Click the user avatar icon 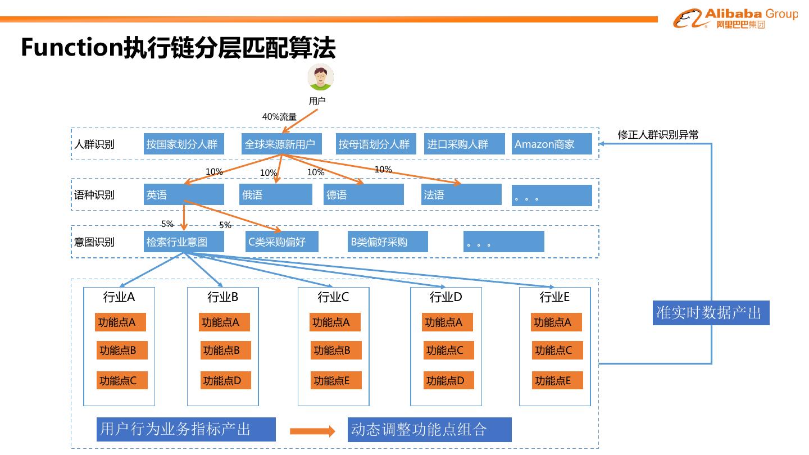pyautogui.click(x=321, y=78)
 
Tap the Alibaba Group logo pyautogui.click(x=735, y=19)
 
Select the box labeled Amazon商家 pyautogui.click(x=551, y=144)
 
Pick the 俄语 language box pyautogui.click(x=275, y=194)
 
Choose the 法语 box pyautogui.click(x=461, y=194)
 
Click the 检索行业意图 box pyautogui.click(x=184, y=242)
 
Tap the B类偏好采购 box pyautogui.click(x=388, y=242)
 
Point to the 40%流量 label pyautogui.click(x=279, y=117)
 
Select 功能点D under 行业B pyautogui.click(x=222, y=380)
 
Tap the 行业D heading pyautogui.click(x=446, y=297)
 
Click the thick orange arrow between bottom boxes pyautogui.click(x=312, y=431)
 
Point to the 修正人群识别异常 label pyautogui.click(x=658, y=134)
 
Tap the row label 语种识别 pyautogui.click(x=94, y=195)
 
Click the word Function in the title pyautogui.click(x=71, y=48)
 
